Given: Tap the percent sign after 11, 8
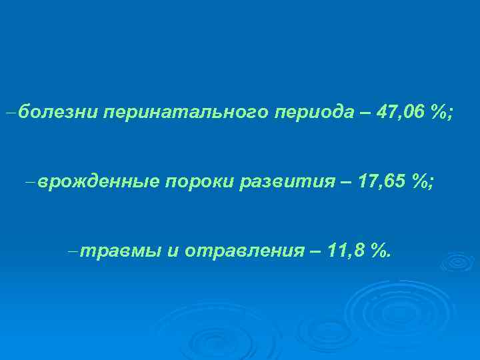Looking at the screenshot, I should click(379, 251).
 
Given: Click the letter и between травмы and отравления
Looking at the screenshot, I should click(172, 251).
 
